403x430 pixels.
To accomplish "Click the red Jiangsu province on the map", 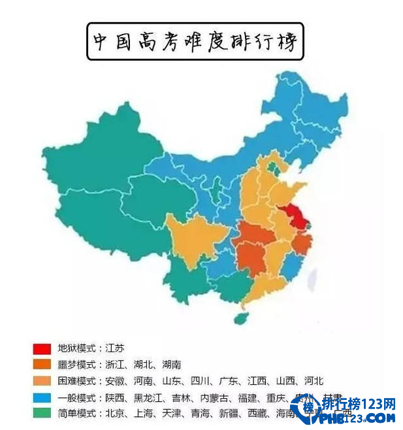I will point(295,215).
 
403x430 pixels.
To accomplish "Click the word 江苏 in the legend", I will point(114,348).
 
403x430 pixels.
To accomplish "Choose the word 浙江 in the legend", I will point(114,365).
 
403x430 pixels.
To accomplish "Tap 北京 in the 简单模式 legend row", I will point(114,414).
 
